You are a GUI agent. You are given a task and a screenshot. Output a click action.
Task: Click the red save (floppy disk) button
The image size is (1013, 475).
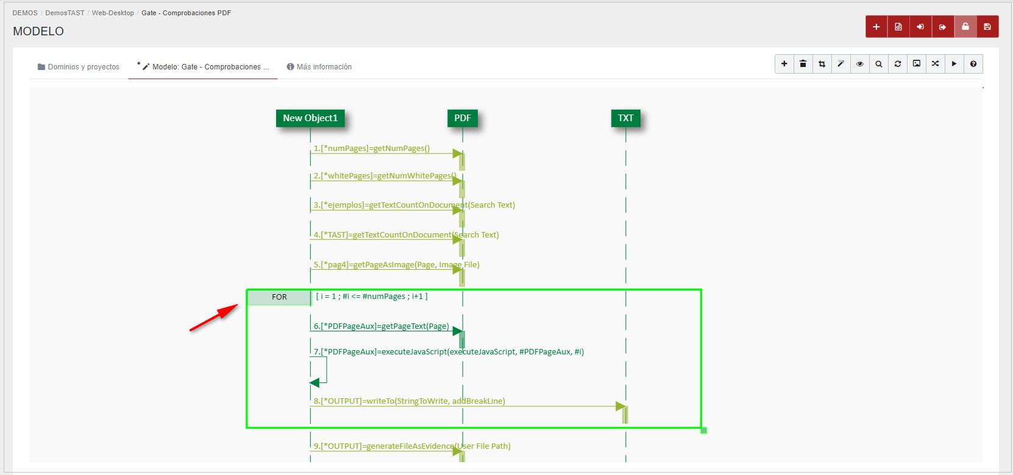click(x=987, y=27)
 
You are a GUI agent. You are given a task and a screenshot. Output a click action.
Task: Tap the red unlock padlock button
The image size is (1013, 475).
click(x=965, y=27)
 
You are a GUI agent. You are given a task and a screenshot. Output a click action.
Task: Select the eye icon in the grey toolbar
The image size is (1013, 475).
click(x=860, y=64)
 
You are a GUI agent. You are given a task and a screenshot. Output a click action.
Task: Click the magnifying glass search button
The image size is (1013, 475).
click(x=879, y=64)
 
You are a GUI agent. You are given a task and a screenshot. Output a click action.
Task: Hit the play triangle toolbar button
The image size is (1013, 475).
click(x=954, y=64)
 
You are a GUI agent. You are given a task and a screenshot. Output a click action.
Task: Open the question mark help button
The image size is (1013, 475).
click(x=973, y=64)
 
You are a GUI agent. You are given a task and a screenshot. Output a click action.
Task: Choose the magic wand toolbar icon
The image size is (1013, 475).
click(x=841, y=64)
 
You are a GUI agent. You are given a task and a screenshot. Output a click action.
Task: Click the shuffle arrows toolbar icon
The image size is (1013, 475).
click(x=936, y=64)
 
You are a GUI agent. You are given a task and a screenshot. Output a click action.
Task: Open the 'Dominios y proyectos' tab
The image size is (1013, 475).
click(x=79, y=67)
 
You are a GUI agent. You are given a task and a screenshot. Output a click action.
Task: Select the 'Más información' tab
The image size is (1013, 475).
click(x=319, y=67)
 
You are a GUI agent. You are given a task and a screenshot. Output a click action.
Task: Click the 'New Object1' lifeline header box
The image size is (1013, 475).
click(x=310, y=118)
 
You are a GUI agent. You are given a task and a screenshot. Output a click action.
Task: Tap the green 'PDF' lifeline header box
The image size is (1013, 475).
click(x=463, y=118)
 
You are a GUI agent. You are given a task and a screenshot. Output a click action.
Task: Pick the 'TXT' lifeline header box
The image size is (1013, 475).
click(x=625, y=118)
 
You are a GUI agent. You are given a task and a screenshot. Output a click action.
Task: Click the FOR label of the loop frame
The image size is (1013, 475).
click(x=279, y=297)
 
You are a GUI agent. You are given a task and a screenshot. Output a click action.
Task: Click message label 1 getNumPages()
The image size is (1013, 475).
click(x=372, y=149)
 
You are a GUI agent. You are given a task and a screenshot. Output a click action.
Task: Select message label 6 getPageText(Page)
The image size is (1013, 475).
click(x=382, y=326)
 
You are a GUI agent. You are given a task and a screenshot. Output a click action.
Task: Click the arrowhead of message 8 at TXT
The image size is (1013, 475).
click(x=620, y=406)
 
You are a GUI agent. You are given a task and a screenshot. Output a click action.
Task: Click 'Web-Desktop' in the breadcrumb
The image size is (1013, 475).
click(x=113, y=13)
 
